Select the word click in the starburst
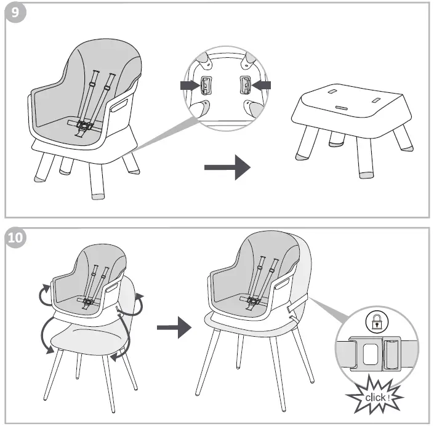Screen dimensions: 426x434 (x=375, y=397)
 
